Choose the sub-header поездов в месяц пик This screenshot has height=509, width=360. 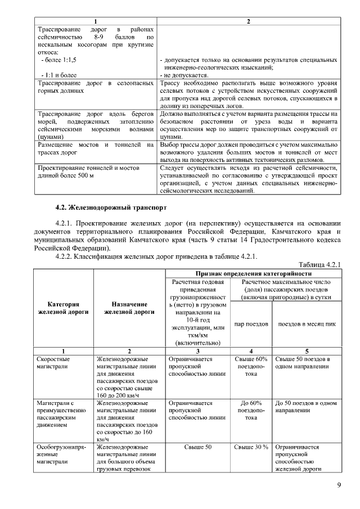[307, 324]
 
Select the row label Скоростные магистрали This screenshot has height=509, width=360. [54, 363]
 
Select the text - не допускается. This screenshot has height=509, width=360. [185, 75]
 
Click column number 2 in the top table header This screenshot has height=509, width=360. [249, 21]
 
